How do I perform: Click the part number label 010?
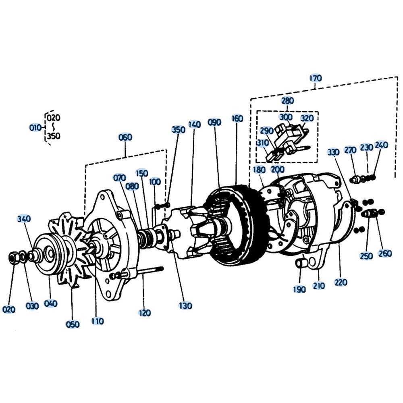point(35,127)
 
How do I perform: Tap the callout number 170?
point(316,78)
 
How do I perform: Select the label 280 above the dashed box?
point(287,100)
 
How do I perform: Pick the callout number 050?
point(73,324)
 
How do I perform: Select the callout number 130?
point(185,306)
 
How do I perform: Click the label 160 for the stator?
point(237,118)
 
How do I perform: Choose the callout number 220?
point(341,282)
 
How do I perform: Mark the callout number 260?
point(385,253)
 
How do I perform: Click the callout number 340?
point(24,219)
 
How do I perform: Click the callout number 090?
point(214,123)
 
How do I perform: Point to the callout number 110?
point(98,321)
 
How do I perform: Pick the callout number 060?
point(125,137)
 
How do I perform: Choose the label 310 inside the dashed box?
point(262,143)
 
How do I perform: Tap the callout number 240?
point(381,145)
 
